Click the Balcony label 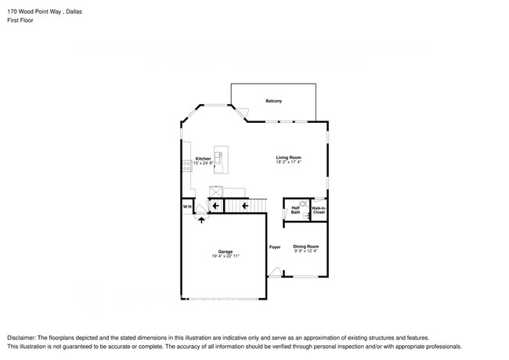tap(273, 102)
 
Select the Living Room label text tap(288, 157)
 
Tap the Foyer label tap(275, 247)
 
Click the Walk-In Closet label tap(319, 210)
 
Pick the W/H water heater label tap(187, 207)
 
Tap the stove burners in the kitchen tap(186, 166)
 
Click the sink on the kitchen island tap(220, 157)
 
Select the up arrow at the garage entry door tap(202, 220)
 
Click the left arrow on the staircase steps tap(244, 206)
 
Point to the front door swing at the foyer tap(274, 272)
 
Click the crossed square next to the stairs tap(215, 191)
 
